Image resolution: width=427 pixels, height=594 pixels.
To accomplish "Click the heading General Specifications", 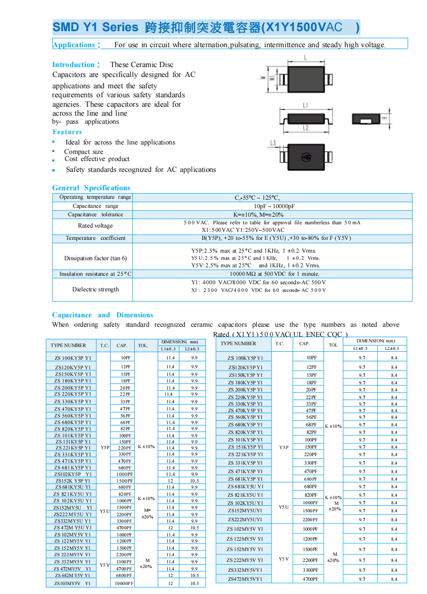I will tap(91, 188).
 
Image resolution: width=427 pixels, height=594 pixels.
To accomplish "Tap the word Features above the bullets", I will tap(67, 132).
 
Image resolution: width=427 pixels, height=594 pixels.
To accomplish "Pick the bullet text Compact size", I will tap(84, 152).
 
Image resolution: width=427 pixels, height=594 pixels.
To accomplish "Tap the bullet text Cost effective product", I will tap(97, 159).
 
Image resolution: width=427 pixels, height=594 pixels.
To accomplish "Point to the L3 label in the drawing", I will tap(273, 143).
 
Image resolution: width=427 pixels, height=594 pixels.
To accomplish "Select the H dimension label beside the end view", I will tap(384, 118).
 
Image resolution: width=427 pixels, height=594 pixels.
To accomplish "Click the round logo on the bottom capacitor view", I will tap(306, 156).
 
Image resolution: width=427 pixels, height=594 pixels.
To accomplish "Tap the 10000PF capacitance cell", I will tap(124, 584).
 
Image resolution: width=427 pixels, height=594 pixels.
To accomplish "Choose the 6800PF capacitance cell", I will tap(124, 576).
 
